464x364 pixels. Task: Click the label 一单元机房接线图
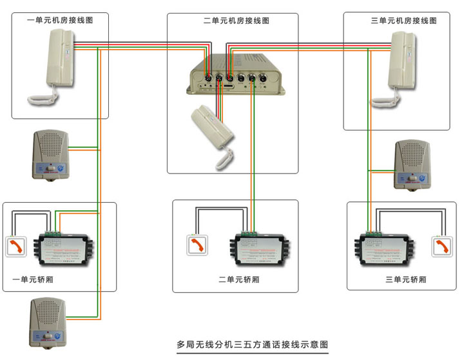[x=61, y=21]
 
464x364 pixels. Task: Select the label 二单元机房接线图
[x=233, y=21]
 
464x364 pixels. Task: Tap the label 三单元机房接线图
[x=403, y=21]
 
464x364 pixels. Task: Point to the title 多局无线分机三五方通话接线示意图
[x=252, y=345]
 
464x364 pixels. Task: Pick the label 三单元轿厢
[x=405, y=279]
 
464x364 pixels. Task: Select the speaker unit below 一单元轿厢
[x=47, y=323]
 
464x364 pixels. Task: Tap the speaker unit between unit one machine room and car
[x=50, y=154]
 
